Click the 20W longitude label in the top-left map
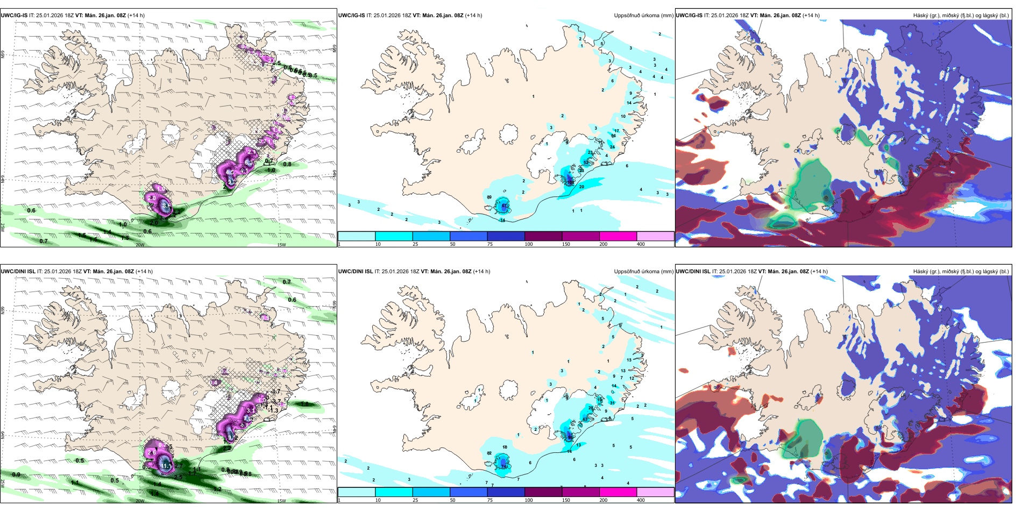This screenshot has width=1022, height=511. tap(140, 245)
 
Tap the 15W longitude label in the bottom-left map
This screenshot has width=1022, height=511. tap(281, 501)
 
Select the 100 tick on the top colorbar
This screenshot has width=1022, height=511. tap(529, 244)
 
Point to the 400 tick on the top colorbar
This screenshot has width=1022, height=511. tap(641, 244)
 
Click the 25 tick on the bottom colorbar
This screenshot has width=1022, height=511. tap(415, 500)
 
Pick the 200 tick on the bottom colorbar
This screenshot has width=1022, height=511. tap(604, 500)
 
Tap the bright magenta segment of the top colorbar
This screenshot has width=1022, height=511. tap(618, 236)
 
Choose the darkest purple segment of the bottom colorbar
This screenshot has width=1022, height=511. tap(543, 492)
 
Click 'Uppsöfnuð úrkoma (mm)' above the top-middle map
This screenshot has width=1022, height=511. tap(643, 16)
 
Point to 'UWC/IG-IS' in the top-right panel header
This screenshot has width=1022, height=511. tap(689, 16)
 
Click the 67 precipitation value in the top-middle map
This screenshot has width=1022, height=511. tap(505, 206)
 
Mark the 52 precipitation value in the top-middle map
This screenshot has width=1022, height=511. tap(586, 162)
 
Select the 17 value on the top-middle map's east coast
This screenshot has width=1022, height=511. tap(617, 131)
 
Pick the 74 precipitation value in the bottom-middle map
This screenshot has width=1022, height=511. tap(504, 467)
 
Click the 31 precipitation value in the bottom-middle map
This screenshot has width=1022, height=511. tap(612, 403)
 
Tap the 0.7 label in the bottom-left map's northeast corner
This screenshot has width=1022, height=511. tap(287, 282)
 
